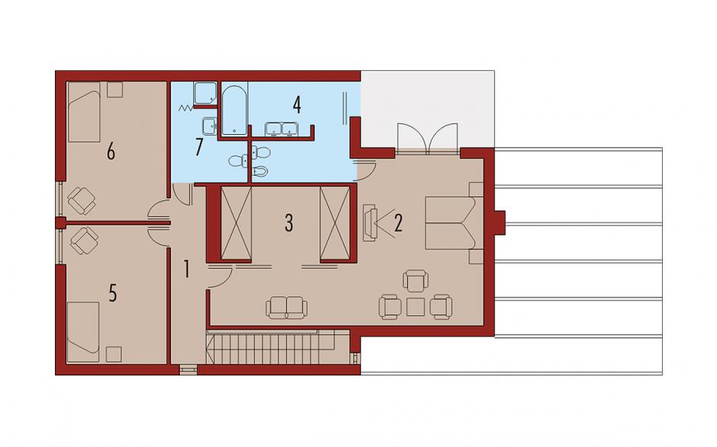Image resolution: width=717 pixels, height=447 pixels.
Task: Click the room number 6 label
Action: coord(111,151)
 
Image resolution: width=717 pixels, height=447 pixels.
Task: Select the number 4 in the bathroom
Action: coord(297,105)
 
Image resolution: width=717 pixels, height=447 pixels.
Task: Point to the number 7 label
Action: coord(198,147)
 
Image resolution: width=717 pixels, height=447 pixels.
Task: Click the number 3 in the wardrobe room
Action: coord(288,223)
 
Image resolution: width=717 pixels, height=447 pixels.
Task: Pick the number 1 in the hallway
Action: coord(186,269)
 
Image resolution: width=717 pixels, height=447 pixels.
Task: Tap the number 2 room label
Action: coord(398,223)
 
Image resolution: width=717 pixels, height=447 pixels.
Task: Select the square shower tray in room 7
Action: coord(205,93)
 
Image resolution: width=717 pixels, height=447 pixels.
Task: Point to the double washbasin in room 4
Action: coord(281,129)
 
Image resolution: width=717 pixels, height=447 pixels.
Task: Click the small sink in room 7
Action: coord(210,126)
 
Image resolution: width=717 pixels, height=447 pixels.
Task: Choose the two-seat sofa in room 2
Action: coord(287,308)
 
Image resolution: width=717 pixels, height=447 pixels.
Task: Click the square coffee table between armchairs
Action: coord(415,307)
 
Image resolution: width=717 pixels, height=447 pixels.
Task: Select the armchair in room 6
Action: coord(82,201)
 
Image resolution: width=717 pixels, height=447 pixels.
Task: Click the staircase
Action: coord(277,348)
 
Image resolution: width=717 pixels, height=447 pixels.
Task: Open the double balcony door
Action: coord(427,137)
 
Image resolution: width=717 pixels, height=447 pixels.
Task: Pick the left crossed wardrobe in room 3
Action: coord(236,222)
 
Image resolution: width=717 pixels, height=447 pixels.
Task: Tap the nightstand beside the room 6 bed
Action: coord(114,90)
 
